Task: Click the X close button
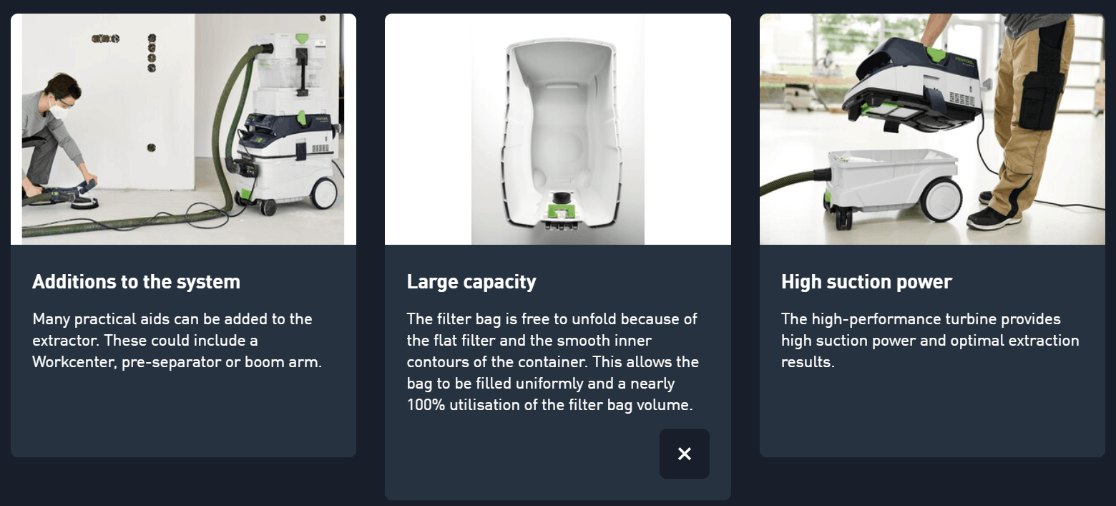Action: point(684,454)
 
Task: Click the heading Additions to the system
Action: point(136,282)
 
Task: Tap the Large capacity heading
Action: point(471,282)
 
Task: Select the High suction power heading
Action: point(866,282)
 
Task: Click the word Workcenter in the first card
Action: point(74,362)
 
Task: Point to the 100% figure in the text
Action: point(426,405)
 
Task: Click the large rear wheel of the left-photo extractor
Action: point(323,193)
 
